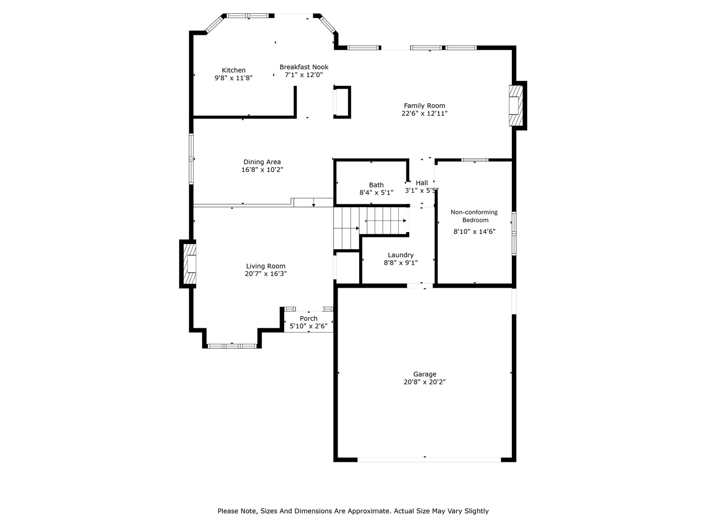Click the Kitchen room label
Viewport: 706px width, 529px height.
tap(233, 70)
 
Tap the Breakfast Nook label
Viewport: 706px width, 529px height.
tap(303, 67)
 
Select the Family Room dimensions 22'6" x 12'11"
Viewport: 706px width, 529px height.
tap(424, 114)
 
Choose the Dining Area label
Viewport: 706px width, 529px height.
tap(262, 162)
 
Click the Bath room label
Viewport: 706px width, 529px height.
tap(376, 185)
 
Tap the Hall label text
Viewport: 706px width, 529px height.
tap(422, 183)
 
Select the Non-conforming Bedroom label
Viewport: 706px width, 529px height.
tap(474, 216)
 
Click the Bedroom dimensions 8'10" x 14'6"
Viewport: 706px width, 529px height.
tap(474, 232)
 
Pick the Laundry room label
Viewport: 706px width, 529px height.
tap(400, 255)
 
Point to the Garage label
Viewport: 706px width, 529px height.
tap(425, 374)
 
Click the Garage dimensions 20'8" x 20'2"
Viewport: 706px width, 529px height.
tap(425, 382)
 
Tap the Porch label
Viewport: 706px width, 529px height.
tap(309, 319)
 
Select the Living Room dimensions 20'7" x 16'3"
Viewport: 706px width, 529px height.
tap(266, 274)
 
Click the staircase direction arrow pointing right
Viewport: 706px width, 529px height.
tap(386, 221)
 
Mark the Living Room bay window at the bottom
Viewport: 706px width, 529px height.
tap(232, 346)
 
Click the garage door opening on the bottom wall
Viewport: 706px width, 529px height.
tap(430, 458)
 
